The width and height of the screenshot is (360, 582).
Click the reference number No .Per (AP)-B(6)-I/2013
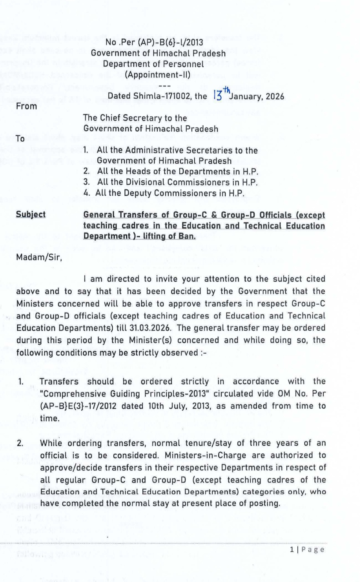(x=154, y=42)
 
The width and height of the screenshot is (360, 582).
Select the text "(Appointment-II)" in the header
(x=158, y=74)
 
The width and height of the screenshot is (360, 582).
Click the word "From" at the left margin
(x=26, y=106)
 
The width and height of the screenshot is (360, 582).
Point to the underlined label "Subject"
(x=31, y=214)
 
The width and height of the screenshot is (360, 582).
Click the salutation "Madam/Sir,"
(x=39, y=257)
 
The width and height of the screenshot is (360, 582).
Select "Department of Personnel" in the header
(x=153, y=64)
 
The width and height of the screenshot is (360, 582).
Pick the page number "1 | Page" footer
(x=307, y=550)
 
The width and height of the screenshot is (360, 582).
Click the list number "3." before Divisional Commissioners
(x=87, y=182)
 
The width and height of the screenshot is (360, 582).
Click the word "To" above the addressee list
(x=20, y=138)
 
